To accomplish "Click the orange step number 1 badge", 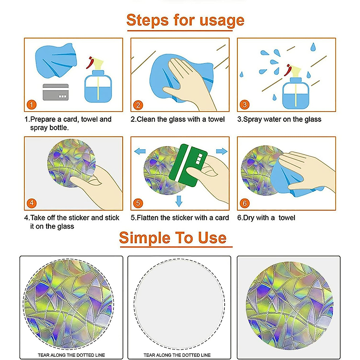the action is [x=31, y=105].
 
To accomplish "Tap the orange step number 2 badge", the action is [x=138, y=105].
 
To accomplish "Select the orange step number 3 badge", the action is [x=244, y=105].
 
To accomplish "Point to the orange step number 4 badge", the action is [x=31, y=203].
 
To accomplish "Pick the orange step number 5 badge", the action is [x=138, y=203].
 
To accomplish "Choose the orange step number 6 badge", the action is [x=244, y=203].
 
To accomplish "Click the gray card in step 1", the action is [x=55, y=92].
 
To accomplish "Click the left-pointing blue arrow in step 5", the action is [x=140, y=151].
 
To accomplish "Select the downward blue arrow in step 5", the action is [x=179, y=201].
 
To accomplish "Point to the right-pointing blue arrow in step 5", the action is [x=222, y=151].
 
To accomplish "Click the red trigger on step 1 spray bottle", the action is [x=90, y=63].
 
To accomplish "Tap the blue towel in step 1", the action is [x=56, y=60].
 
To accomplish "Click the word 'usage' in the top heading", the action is [x=222, y=21].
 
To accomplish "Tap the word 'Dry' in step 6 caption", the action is [x=248, y=218].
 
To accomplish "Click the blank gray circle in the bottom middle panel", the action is [x=179, y=304].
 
